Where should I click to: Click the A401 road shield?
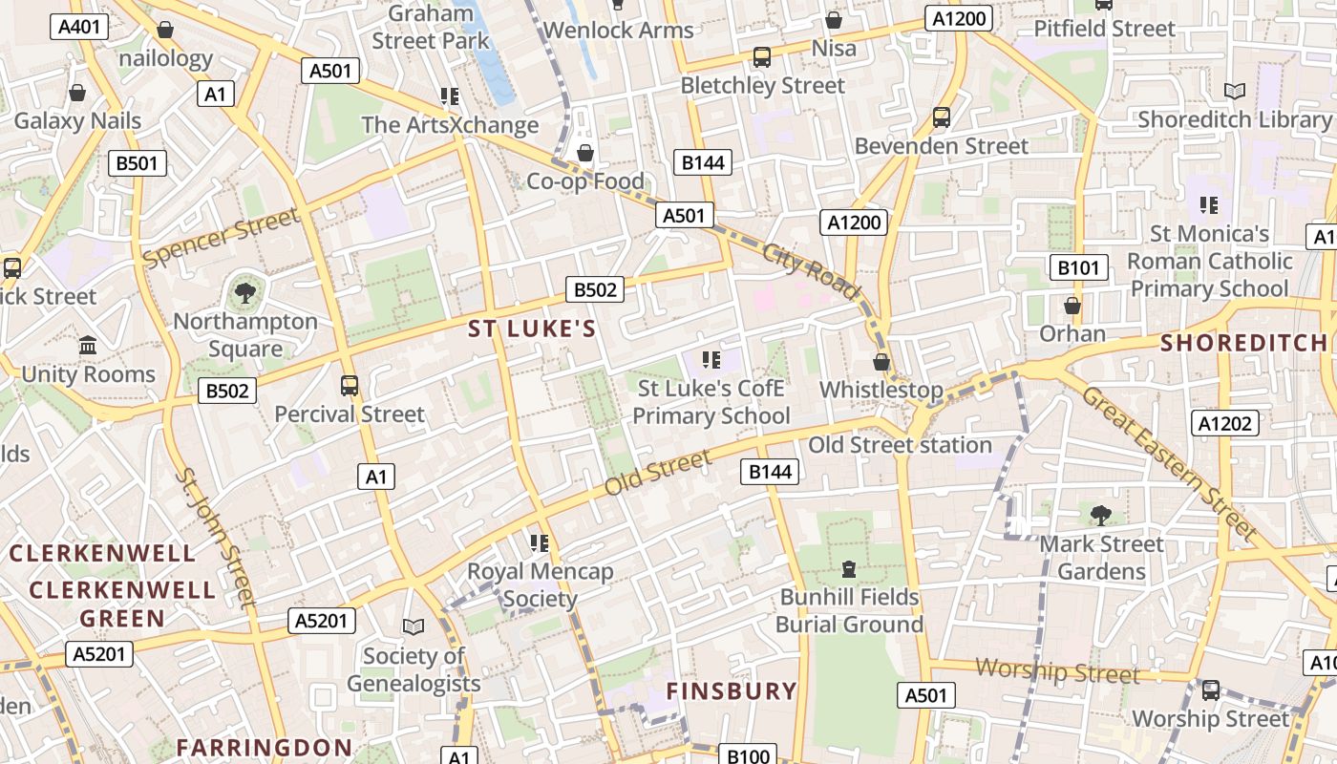(x=78, y=27)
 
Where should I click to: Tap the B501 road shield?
(x=137, y=163)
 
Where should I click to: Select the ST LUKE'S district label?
(x=532, y=329)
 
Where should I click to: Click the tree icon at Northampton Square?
(x=245, y=291)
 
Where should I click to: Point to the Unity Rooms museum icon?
(x=88, y=345)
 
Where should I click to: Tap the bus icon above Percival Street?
(x=350, y=386)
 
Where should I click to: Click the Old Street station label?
(x=900, y=445)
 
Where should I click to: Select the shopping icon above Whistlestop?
(x=881, y=362)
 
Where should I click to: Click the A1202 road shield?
(x=1225, y=423)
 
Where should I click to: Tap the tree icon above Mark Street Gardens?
(x=1101, y=515)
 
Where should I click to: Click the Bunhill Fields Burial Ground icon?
(x=848, y=569)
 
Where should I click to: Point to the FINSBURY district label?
(x=731, y=691)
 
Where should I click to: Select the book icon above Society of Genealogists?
(x=413, y=626)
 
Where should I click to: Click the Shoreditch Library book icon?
(x=1235, y=91)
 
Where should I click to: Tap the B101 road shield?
(x=1078, y=267)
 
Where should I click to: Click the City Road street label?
(x=811, y=271)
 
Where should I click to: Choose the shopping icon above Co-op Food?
(x=585, y=153)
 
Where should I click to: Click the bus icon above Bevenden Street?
(x=941, y=117)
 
